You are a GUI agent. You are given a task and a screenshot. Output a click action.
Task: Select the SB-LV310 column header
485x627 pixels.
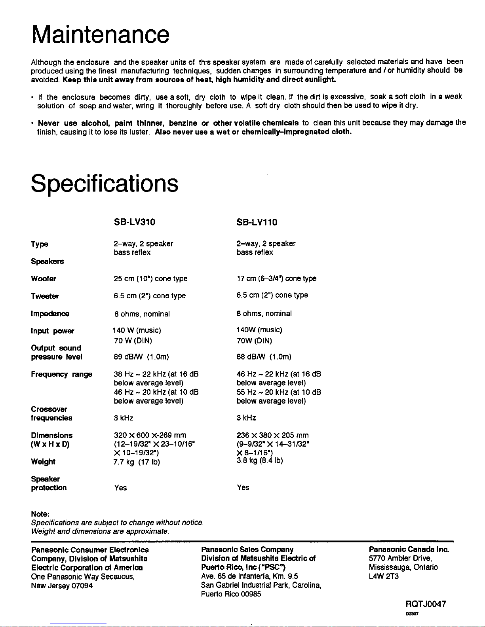(134, 222)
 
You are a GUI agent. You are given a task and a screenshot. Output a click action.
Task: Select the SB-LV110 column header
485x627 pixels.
(257, 222)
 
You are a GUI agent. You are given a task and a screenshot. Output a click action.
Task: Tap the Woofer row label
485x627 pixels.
(44, 279)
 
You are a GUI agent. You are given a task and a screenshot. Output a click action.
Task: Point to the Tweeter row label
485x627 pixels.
(45, 296)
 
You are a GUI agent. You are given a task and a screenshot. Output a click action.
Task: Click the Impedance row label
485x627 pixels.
(50, 314)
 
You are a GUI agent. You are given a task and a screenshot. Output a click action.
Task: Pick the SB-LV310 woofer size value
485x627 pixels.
(150, 278)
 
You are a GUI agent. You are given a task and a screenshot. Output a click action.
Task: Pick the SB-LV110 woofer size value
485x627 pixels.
(276, 278)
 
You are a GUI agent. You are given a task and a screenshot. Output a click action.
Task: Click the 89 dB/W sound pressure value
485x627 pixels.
(141, 357)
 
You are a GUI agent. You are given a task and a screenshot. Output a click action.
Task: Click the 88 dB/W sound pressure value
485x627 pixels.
(264, 357)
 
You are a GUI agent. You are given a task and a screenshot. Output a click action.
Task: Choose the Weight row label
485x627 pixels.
(43, 462)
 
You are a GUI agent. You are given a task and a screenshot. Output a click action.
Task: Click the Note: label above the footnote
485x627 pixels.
(40, 514)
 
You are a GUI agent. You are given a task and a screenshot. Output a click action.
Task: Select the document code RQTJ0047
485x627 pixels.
(426, 604)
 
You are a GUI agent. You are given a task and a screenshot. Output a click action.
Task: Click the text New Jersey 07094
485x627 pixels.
(62, 585)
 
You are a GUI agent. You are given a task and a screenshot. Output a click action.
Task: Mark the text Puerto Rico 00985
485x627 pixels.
(231, 594)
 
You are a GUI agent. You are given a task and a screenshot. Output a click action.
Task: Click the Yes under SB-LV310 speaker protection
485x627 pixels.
(120, 488)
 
